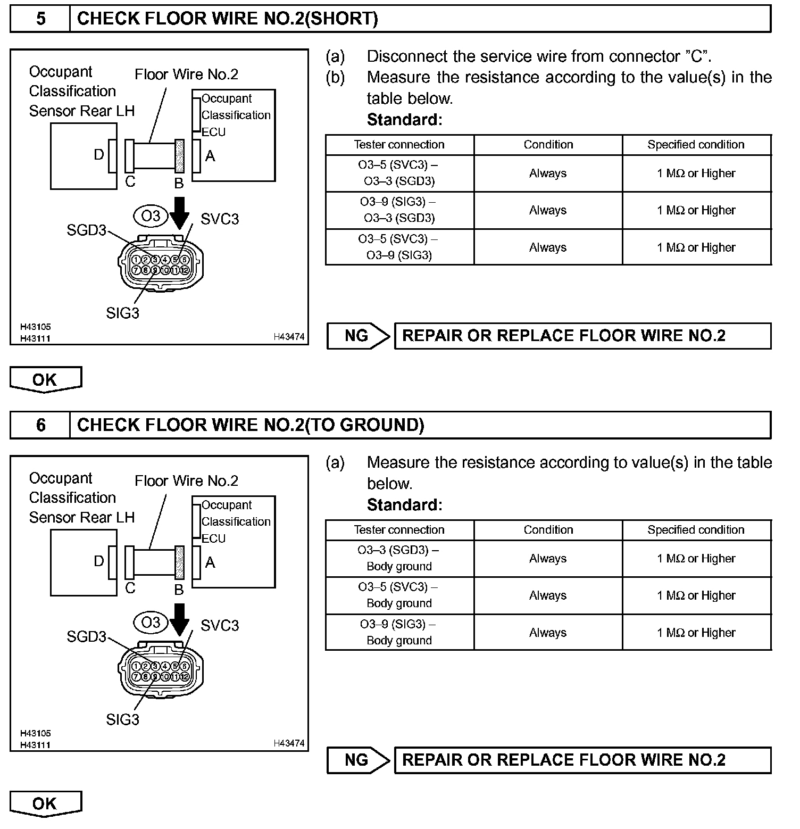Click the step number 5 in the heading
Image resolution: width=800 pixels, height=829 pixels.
40,19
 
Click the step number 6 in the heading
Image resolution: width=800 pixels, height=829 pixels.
40,425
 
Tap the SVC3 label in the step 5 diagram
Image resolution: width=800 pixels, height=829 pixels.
220,219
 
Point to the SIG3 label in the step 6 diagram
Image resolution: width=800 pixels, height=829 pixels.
122,719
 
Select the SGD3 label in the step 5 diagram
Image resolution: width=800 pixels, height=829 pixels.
86,230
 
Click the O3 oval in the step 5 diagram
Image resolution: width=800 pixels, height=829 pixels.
151,216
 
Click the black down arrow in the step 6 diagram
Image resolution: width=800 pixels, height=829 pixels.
180,619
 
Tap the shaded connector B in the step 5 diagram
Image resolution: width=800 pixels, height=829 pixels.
179,156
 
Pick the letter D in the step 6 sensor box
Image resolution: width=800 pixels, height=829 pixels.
99,561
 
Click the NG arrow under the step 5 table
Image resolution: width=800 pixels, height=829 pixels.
358,336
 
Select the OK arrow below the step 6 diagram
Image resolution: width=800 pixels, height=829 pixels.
45,803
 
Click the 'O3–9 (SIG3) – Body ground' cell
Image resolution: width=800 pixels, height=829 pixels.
399,632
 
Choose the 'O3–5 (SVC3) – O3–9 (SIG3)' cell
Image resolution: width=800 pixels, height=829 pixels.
399,247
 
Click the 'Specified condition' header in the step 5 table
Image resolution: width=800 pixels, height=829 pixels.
696,145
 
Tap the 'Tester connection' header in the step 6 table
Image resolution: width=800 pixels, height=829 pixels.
399,530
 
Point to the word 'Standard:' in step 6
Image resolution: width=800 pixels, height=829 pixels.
404,505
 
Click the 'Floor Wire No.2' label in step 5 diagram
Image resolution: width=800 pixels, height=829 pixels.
186,74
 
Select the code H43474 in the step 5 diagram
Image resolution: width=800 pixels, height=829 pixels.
289,337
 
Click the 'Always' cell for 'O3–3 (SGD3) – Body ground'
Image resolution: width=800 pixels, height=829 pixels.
548,559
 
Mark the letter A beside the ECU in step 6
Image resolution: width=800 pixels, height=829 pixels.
210,562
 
